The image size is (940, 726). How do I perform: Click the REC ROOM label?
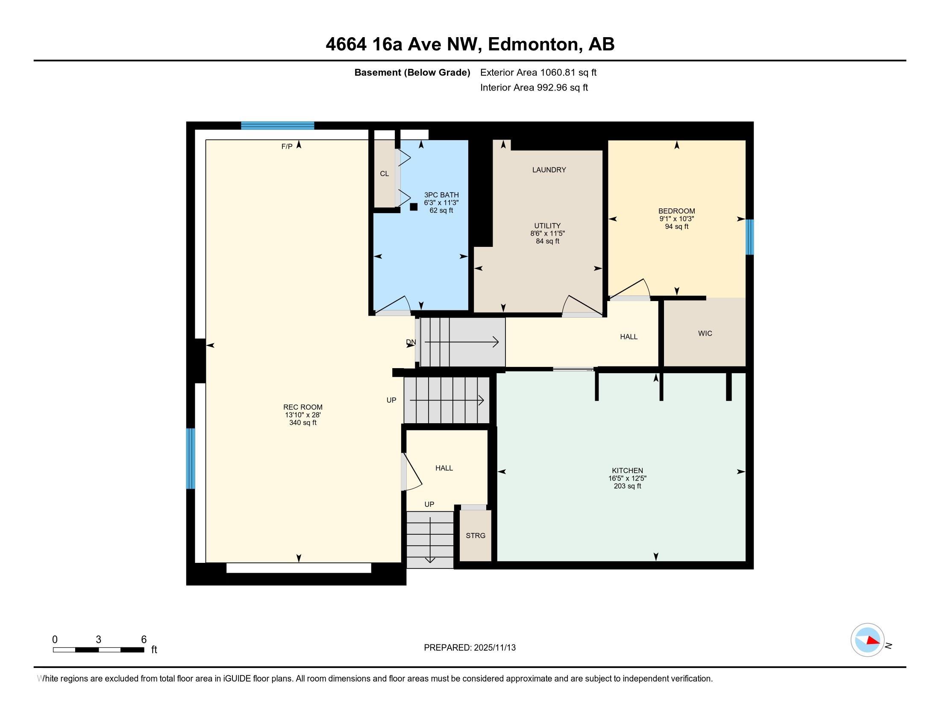click(x=303, y=407)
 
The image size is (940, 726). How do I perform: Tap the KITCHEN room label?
click(x=627, y=471)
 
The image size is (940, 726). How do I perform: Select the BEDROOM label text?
click(x=676, y=211)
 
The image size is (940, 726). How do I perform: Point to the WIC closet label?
click(x=705, y=334)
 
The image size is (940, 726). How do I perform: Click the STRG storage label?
click(x=475, y=536)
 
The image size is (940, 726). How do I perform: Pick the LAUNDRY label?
click(x=549, y=170)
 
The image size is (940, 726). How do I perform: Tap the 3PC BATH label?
click(x=441, y=195)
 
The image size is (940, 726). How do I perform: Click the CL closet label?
click(x=385, y=174)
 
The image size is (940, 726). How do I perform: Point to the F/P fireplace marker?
click(x=287, y=146)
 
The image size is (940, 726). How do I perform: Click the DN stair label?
click(x=411, y=343)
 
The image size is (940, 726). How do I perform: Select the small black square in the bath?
click(x=414, y=207)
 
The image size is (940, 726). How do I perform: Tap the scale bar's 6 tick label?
click(x=144, y=640)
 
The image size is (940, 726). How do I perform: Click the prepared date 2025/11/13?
click(x=494, y=648)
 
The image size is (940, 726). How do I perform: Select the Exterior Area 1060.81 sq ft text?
click(x=538, y=72)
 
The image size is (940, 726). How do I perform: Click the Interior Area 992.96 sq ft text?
click(x=534, y=88)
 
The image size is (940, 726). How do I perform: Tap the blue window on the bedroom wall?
click(x=749, y=237)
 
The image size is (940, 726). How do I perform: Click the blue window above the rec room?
click(x=277, y=126)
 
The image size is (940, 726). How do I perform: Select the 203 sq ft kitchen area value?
click(x=627, y=486)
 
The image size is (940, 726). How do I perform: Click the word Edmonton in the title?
click(x=533, y=44)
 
